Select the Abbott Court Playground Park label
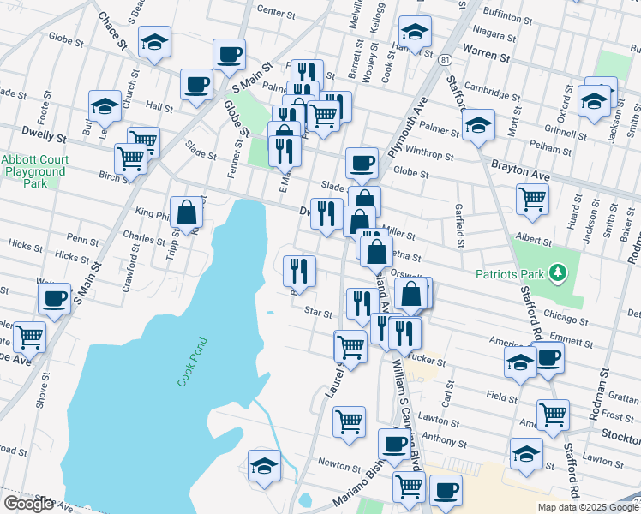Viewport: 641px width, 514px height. [x=33, y=171]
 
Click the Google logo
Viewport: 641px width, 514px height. [x=28, y=504]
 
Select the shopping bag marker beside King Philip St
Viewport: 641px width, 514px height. [x=186, y=212]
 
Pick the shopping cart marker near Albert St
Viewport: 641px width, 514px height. [x=532, y=199]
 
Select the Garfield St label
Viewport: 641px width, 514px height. [x=460, y=231]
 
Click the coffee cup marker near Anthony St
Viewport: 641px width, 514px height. [x=395, y=444]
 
